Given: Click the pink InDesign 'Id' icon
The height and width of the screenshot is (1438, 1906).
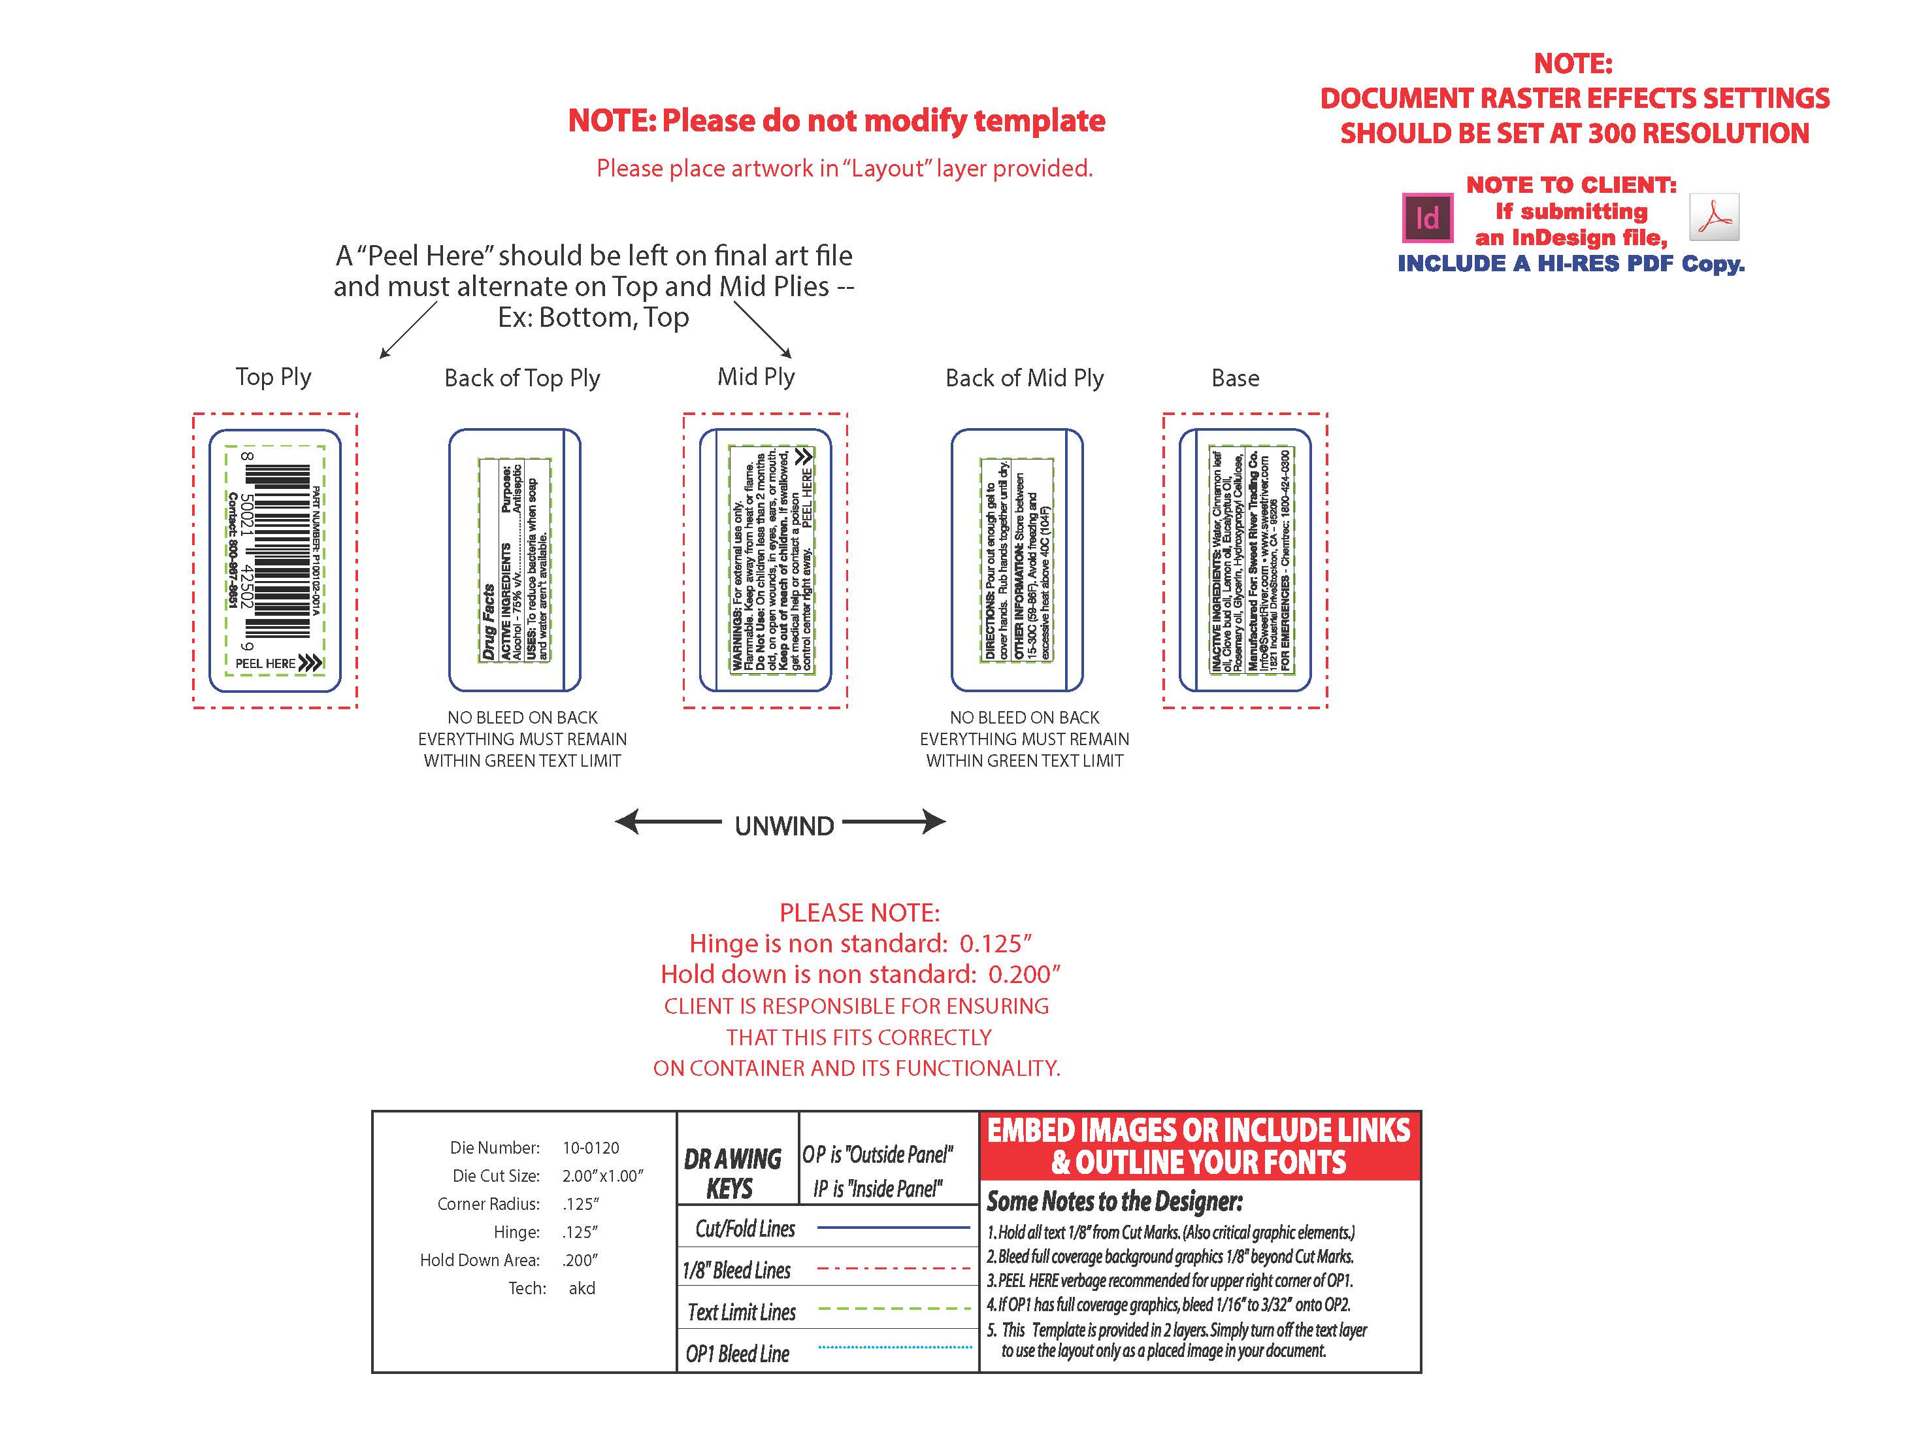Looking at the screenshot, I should point(1427,218).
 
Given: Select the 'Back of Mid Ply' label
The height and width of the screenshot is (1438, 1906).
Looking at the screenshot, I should point(1024,378).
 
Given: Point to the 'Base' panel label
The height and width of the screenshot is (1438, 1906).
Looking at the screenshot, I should point(1235,378).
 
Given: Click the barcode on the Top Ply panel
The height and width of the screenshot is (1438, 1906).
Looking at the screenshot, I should point(278,551).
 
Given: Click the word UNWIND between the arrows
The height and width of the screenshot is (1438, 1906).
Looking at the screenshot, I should point(784,826).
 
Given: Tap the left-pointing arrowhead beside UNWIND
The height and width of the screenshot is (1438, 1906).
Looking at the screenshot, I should point(627,822).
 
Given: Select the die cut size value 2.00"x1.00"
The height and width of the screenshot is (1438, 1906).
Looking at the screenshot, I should point(602,1176).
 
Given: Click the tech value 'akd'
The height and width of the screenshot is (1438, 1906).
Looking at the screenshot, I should point(582,1288).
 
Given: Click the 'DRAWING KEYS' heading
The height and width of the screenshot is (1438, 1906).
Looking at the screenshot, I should point(732,1173).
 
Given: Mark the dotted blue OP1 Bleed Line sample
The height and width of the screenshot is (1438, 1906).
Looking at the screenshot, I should point(895,1346).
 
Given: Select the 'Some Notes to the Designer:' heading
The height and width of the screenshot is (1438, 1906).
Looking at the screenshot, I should point(1114,1201).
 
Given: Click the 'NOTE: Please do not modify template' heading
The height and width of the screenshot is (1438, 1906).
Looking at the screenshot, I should point(836,121).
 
